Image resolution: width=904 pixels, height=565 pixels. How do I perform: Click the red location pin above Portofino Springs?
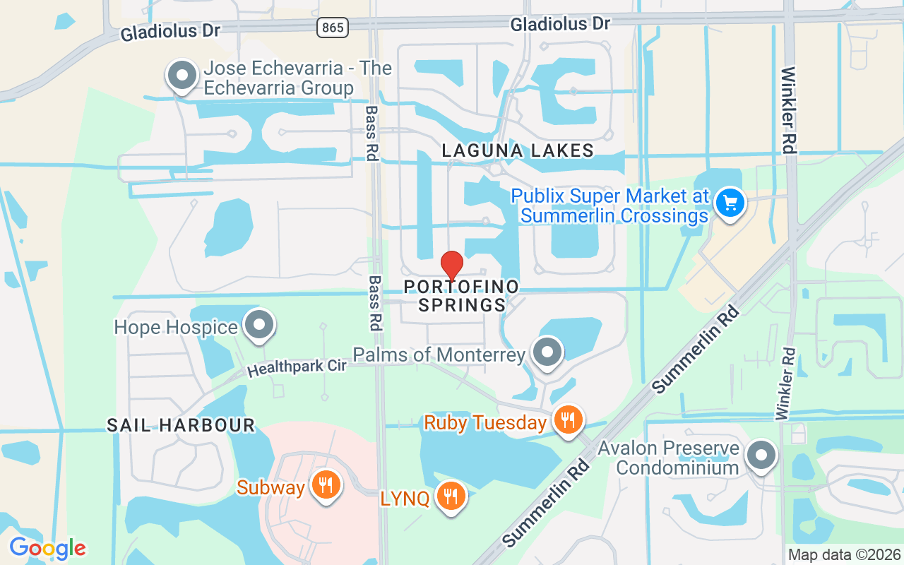click(x=452, y=266)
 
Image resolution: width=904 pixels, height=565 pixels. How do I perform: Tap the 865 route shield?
click(x=331, y=28)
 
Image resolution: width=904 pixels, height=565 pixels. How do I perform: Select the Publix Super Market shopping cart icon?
click(x=730, y=203)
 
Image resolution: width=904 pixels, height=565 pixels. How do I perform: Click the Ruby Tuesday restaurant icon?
click(x=566, y=420)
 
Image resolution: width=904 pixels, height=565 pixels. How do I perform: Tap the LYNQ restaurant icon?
click(x=449, y=496)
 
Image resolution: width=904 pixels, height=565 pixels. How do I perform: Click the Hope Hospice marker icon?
click(x=258, y=325)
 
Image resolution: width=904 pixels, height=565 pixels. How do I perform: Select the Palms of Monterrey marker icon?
click(x=546, y=352)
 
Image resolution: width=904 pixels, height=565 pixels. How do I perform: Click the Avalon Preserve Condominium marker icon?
click(x=761, y=455)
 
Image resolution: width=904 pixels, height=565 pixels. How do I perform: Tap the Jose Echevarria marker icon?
click(x=182, y=75)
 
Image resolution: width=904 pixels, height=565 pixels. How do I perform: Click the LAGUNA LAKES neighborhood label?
click(x=518, y=150)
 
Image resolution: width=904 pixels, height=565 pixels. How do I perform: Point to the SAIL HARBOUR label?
click(x=181, y=425)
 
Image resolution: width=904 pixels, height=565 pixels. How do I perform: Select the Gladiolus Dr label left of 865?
click(x=170, y=32)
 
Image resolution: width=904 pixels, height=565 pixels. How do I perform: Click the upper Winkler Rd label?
click(x=789, y=110)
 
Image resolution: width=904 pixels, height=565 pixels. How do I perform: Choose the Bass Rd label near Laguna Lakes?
click(x=372, y=133)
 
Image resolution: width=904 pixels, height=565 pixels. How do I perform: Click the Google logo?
click(x=47, y=548)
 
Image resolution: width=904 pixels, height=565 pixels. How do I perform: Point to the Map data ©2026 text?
click(x=844, y=555)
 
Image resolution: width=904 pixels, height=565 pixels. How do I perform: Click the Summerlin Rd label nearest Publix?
click(x=696, y=350)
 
